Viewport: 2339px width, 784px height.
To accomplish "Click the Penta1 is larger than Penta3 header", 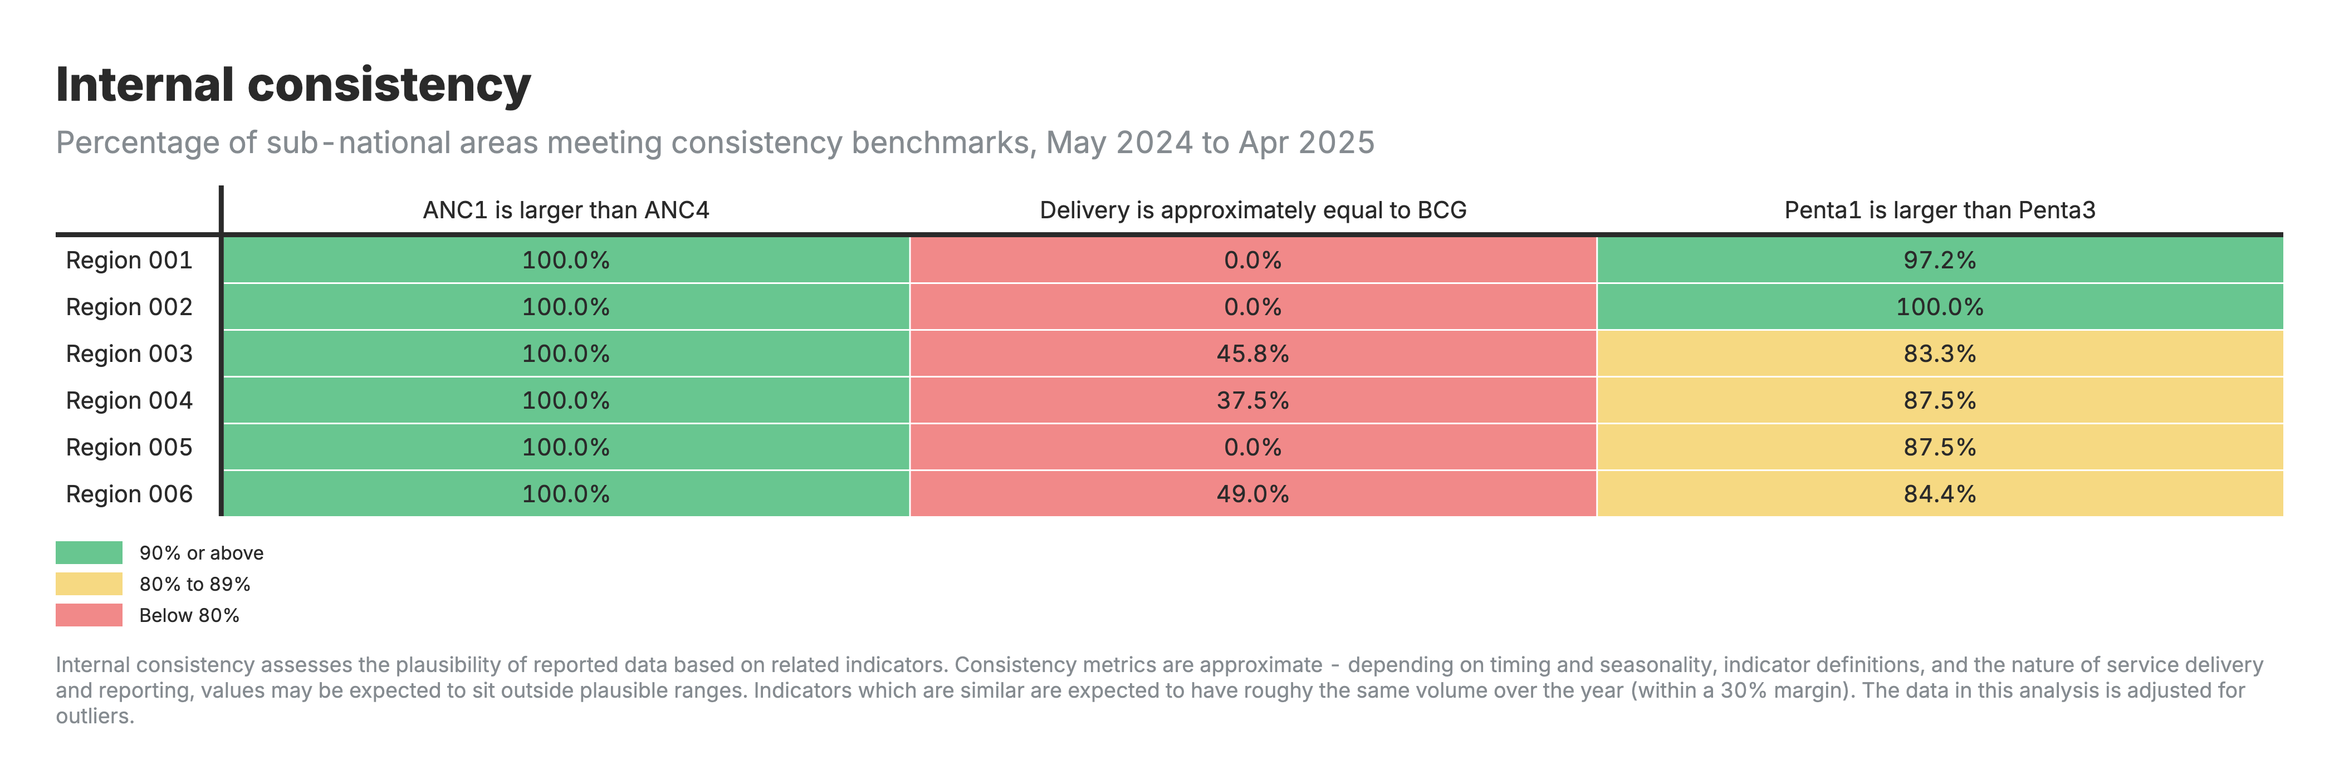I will (x=1940, y=210).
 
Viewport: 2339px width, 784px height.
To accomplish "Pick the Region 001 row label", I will (x=129, y=261).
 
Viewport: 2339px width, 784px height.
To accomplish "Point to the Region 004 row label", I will (x=129, y=400).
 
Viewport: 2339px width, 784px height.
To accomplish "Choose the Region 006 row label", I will (x=129, y=494).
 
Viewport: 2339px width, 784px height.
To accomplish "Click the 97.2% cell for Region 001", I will (x=1940, y=261).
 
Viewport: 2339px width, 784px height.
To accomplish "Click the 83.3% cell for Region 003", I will (x=1940, y=354).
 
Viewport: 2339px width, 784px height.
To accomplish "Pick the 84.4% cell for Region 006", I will (x=1940, y=494).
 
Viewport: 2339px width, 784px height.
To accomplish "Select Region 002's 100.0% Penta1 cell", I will (x=1940, y=307).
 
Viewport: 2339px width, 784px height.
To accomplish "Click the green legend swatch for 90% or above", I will (x=89, y=552).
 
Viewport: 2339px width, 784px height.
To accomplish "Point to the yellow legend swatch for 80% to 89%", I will (x=89, y=584).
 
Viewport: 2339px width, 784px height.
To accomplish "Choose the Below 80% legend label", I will (x=189, y=615).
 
